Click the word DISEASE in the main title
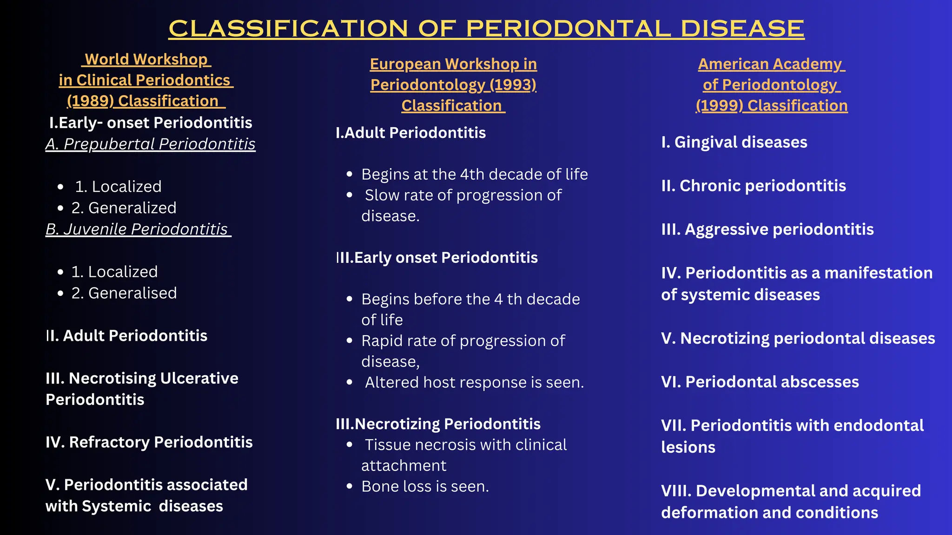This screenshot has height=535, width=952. [742, 29]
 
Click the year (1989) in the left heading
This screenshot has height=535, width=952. [90, 101]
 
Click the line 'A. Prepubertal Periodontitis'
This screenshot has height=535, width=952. [150, 144]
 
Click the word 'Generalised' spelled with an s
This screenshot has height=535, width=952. [132, 294]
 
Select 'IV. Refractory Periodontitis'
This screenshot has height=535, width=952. [149, 442]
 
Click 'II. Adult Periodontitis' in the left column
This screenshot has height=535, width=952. [126, 336]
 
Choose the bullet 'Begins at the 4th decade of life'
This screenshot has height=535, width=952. [474, 175]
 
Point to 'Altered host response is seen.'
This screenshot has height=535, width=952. [474, 383]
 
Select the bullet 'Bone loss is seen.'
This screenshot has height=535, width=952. [425, 487]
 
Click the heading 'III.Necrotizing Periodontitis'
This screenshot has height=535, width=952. [438, 424]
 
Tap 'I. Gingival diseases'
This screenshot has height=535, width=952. [734, 142]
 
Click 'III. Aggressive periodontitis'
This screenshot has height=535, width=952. [767, 229]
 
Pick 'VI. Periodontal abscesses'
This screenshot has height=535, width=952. [760, 382]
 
